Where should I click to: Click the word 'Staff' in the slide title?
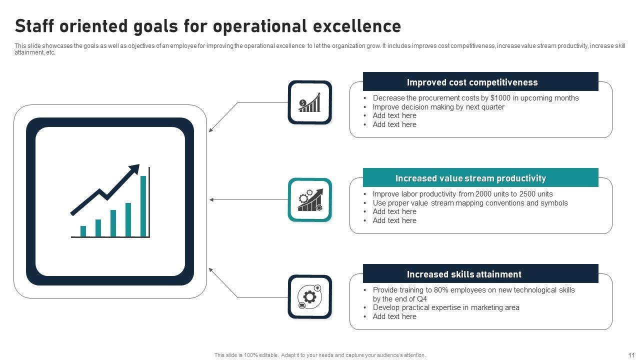[34, 26]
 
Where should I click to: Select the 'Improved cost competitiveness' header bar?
[480, 81]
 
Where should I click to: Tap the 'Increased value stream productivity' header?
[480, 177]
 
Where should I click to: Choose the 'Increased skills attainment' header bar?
[480, 273]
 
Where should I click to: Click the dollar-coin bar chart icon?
[309, 102]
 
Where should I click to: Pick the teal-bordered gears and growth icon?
[309, 199]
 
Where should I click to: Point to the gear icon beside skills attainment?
[309, 297]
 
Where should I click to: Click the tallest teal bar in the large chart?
[143, 206]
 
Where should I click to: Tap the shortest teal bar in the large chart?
[83, 231]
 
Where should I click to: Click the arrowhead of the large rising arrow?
[135, 168]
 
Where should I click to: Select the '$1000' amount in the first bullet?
[500, 98]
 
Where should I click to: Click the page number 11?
[631, 355]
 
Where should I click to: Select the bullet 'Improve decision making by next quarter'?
[438, 107]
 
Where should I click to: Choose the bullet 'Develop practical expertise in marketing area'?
[446, 307]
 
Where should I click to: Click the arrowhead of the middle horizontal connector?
[211, 199]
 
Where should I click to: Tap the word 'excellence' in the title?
[357, 26]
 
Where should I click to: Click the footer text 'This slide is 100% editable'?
[246, 355]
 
